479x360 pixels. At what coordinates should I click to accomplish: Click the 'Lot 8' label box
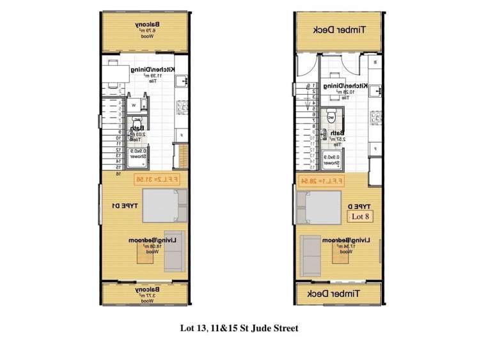tap(361, 216)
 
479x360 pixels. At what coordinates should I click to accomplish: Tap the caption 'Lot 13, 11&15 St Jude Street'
tap(239, 329)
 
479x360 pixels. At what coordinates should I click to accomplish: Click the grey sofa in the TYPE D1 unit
tap(173, 250)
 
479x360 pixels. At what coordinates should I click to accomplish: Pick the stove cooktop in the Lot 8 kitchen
tap(375, 117)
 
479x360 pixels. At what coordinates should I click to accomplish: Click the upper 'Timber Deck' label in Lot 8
tap(338, 30)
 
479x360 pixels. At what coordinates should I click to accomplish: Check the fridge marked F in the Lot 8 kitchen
tap(375, 148)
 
